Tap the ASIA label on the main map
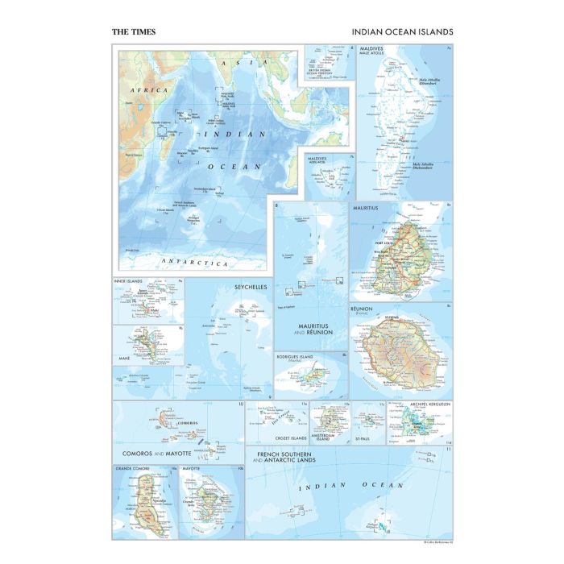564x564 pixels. [x=234, y=62]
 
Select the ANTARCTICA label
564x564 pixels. [x=194, y=263]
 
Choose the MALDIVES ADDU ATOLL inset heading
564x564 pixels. [x=319, y=161]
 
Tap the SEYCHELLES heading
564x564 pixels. [x=251, y=287]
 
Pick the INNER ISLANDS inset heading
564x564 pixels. [x=129, y=281]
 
